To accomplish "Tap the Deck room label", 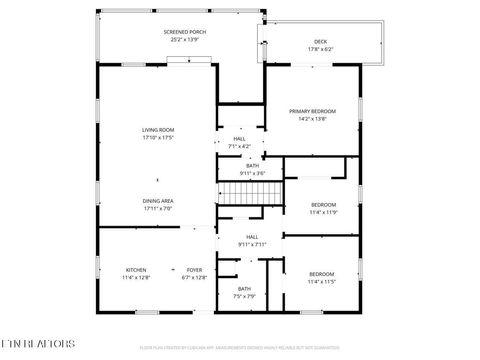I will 320,41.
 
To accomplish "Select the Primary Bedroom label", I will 312,111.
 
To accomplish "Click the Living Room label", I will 157,129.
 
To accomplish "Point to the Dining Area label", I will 157,200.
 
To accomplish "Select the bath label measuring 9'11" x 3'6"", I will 252,166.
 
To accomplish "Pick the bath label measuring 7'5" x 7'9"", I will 244,289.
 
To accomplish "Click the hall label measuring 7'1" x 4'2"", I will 239,139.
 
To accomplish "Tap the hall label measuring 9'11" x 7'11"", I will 252,237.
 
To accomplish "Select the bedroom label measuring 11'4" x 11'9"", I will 324,205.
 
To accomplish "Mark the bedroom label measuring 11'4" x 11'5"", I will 321,274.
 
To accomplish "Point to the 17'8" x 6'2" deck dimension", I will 320,48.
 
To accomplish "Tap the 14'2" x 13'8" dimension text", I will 312,118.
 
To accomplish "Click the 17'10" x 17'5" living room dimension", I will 157,136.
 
